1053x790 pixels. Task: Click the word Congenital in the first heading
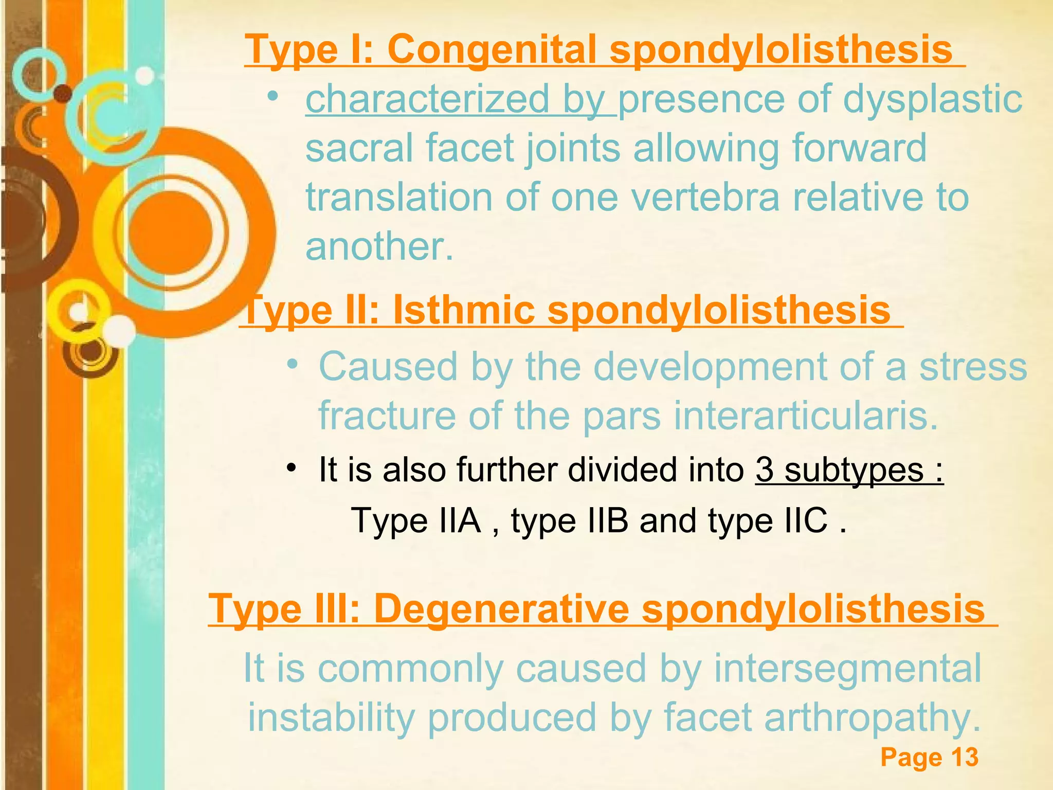[492, 49]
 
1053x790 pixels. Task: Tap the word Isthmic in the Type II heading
[463, 310]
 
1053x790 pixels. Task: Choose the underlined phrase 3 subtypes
[849, 470]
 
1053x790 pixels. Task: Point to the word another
[379, 246]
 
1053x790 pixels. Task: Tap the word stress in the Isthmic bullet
[973, 367]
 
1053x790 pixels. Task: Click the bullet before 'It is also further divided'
[292, 469]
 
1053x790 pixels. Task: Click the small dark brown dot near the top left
[63, 93]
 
